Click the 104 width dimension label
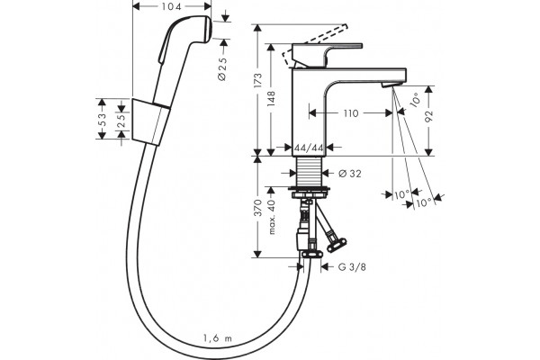(x=172, y=6)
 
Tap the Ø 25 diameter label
(x=223, y=68)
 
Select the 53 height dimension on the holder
(x=103, y=120)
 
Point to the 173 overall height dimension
(x=258, y=82)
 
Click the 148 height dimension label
(x=272, y=99)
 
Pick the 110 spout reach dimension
(x=351, y=113)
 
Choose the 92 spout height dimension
(x=428, y=117)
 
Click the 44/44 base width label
(x=309, y=148)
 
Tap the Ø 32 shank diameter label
(x=350, y=174)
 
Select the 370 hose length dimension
(x=258, y=208)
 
